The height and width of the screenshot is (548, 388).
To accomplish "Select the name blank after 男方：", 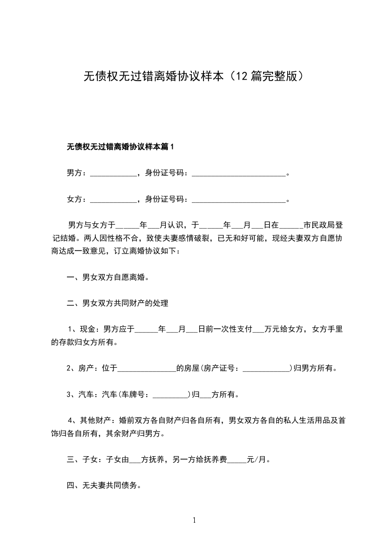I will pos(114,173).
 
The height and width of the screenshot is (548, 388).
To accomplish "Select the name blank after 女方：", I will pos(114,199).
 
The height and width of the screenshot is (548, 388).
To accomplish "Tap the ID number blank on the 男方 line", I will pos(238,173).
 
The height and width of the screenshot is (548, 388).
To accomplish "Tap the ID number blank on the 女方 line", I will pos(238,199).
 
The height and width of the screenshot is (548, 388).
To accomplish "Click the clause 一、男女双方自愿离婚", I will pos(107,277).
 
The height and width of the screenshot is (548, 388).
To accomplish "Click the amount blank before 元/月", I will pos(237,460).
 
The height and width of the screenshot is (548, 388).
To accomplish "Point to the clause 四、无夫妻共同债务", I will pos(103,485).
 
